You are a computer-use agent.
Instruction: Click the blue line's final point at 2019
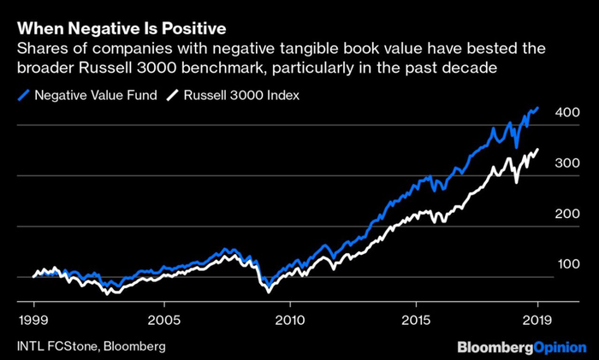tap(538, 108)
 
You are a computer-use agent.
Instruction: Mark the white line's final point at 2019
tap(538, 150)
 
